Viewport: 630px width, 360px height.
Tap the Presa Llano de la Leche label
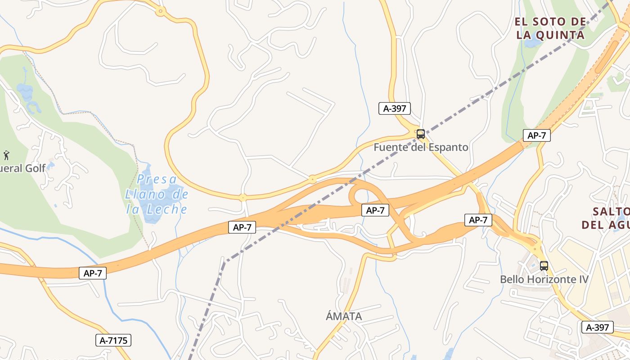(x=156, y=194)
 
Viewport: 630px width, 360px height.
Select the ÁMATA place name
(x=344, y=316)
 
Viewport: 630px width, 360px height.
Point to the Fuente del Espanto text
(x=421, y=147)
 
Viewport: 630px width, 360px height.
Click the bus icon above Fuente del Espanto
(x=421, y=134)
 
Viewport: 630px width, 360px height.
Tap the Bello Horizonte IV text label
(x=544, y=279)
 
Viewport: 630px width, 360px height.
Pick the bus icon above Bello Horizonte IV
(x=544, y=265)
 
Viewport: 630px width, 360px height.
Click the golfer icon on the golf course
(x=6, y=156)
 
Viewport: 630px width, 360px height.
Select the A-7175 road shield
(x=113, y=341)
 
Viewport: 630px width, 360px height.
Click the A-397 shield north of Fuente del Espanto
(x=395, y=108)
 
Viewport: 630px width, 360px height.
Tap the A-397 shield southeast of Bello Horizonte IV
(x=597, y=327)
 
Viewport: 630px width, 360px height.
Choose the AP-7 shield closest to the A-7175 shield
(x=93, y=273)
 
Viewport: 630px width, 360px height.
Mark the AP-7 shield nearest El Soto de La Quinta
(x=536, y=135)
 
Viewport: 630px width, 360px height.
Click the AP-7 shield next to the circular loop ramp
(x=375, y=210)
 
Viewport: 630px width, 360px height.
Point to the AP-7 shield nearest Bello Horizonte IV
(x=478, y=220)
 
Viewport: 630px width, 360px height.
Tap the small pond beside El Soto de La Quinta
(x=532, y=43)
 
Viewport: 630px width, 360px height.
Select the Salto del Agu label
(x=605, y=218)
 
